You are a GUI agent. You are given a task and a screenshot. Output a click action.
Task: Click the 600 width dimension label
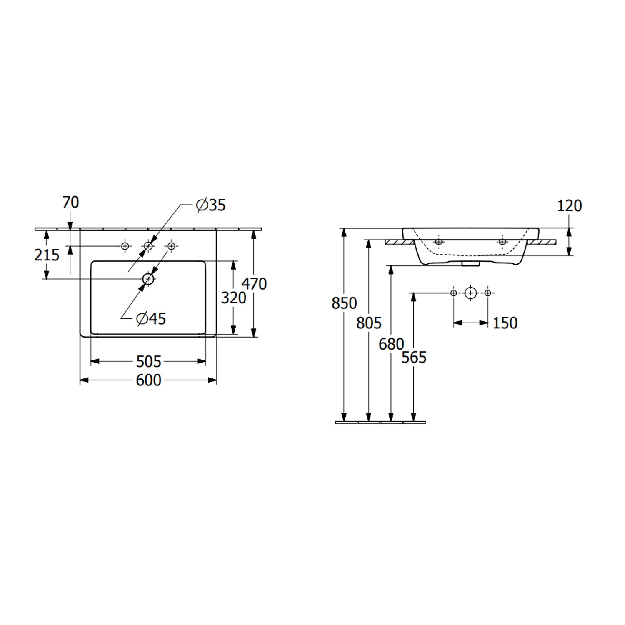coord(149,380)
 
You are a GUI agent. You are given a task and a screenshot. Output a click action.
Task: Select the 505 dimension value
coord(149,362)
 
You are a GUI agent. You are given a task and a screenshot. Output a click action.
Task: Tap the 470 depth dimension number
coord(254,284)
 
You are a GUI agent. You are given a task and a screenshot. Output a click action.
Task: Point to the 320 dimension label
coord(234,298)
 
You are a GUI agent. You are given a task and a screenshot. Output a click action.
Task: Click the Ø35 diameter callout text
coord(211,205)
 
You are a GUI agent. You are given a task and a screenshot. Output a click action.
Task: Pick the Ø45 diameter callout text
coord(151,319)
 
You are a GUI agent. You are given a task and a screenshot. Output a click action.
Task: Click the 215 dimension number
coord(47,255)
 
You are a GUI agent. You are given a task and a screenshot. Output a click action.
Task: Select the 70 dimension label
coord(70,202)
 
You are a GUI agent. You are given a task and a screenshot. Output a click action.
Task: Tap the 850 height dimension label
coord(344,303)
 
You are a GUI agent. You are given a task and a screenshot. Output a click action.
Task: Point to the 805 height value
coord(369,323)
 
